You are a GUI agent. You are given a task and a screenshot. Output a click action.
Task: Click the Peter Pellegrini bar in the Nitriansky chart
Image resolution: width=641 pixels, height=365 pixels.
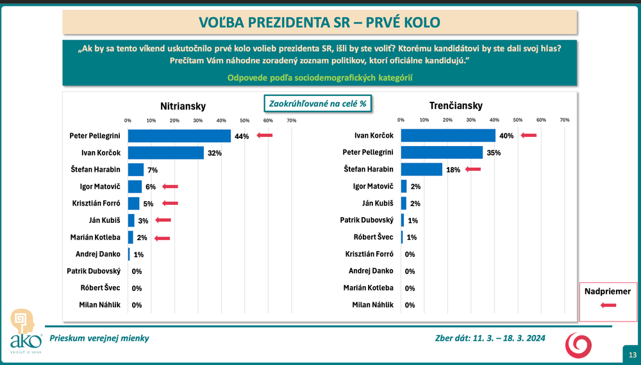(x=179, y=136)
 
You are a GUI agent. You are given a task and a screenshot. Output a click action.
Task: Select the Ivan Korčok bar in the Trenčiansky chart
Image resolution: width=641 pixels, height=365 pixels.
(x=448, y=136)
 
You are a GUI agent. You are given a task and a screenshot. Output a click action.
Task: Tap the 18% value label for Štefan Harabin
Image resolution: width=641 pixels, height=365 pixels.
(x=454, y=170)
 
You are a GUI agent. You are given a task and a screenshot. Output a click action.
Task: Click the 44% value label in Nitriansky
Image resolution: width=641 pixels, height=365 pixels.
(x=242, y=136)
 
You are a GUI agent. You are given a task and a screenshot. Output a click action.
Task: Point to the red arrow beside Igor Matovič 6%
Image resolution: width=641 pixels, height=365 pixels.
(x=170, y=186)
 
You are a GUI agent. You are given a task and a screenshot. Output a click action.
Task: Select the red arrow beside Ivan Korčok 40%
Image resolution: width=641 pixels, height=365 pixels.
(x=529, y=135)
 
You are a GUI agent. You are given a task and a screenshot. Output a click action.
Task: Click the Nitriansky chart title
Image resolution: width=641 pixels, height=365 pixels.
(x=183, y=106)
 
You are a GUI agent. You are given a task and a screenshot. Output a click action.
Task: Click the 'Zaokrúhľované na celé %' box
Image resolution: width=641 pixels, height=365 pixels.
(x=319, y=103)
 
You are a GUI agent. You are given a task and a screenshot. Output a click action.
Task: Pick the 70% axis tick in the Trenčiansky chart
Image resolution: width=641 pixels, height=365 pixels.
(x=564, y=120)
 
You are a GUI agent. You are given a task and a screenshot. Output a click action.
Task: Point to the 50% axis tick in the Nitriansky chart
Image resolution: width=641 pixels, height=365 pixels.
(x=244, y=120)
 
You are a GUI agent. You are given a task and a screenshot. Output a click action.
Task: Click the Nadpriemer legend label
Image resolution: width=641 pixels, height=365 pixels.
(x=608, y=291)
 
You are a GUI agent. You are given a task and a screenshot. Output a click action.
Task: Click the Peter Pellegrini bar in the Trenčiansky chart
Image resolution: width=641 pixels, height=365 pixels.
(x=442, y=152)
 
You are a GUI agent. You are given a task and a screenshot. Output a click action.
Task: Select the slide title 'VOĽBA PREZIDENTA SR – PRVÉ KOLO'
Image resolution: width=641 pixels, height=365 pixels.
(x=320, y=22)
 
